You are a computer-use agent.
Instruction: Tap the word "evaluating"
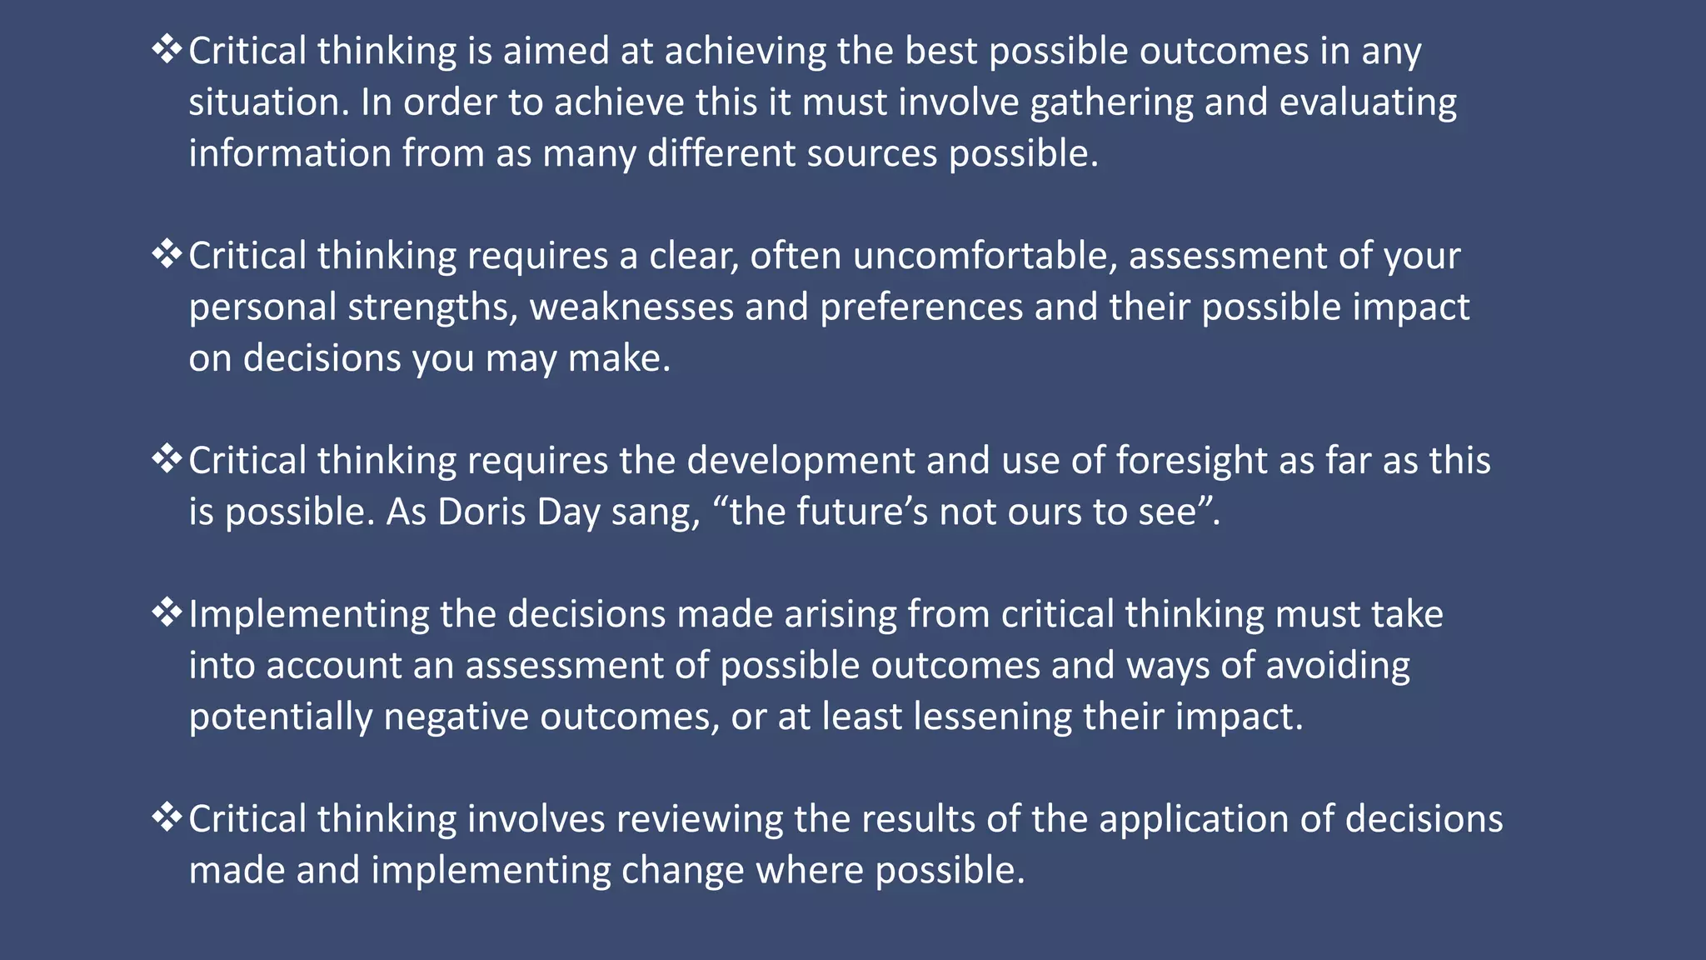[x=1368, y=103]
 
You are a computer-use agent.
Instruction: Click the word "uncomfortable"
[x=985, y=256]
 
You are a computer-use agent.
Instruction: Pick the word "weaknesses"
[x=631, y=307]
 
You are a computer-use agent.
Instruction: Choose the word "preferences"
[x=921, y=307]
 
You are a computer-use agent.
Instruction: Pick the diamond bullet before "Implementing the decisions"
[x=167, y=613]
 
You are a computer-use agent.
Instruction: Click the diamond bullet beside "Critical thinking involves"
[x=167, y=817]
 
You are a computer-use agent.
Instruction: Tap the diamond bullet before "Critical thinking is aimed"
[x=167, y=50]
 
